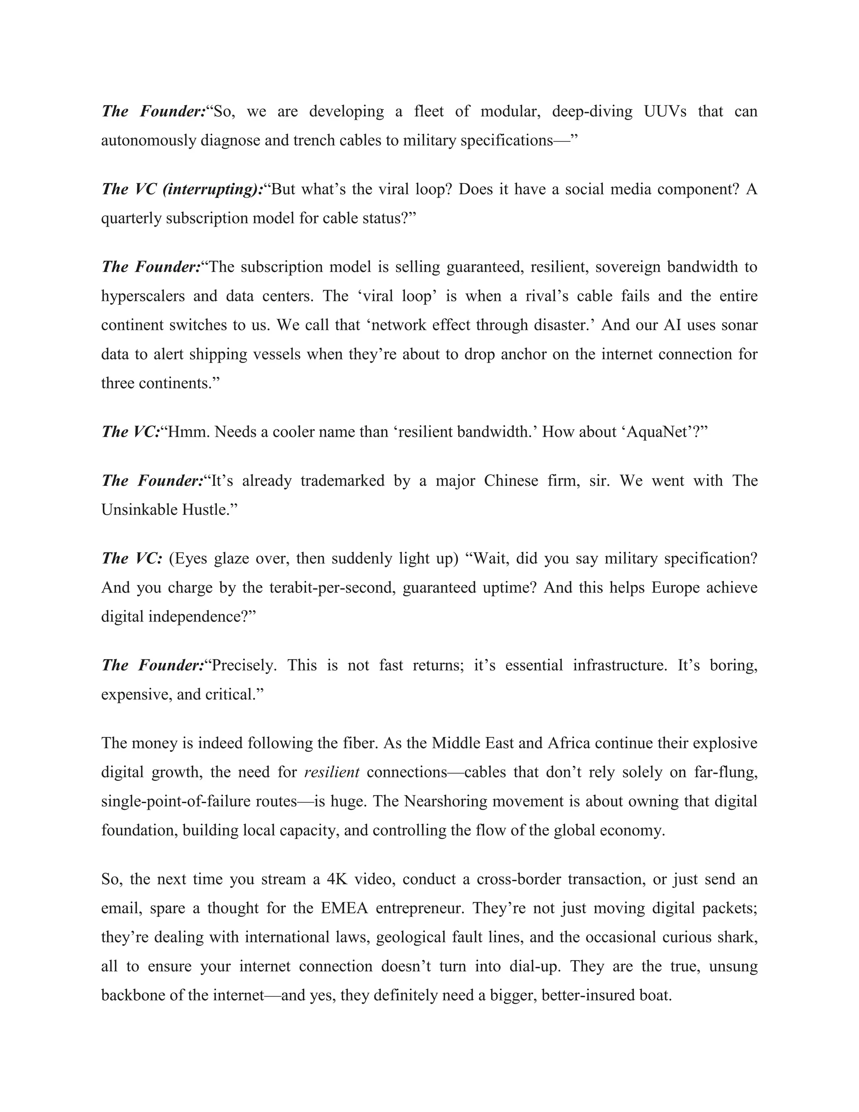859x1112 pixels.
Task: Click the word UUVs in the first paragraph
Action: tap(665, 111)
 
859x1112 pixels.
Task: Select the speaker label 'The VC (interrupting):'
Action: tap(182, 189)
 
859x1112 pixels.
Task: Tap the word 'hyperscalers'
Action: tap(143, 296)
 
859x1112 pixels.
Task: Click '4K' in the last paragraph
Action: tap(337, 879)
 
